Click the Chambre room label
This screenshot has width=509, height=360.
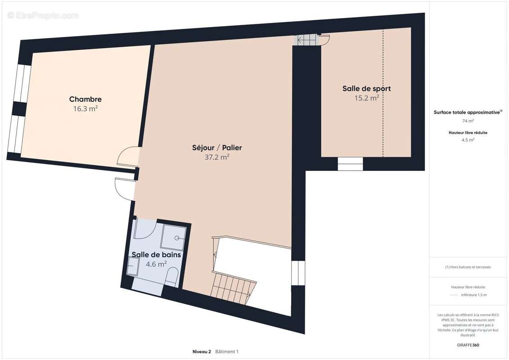pyautogui.click(x=86, y=99)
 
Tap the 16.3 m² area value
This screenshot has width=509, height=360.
pyautogui.click(x=86, y=108)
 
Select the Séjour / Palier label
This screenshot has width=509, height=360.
pyautogui.click(x=217, y=148)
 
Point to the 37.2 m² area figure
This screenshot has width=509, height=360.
pyautogui.click(x=217, y=157)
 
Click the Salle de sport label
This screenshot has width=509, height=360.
pyautogui.click(x=366, y=89)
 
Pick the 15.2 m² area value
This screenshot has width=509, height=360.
pyautogui.click(x=366, y=98)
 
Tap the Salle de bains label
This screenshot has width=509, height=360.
pyautogui.click(x=156, y=255)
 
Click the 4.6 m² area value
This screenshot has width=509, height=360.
pyautogui.click(x=156, y=264)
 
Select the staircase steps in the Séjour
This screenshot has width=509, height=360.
pyautogui.click(x=233, y=288)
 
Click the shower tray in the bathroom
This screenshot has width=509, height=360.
pyautogui.click(x=174, y=238)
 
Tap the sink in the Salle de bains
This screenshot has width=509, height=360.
pyautogui.click(x=133, y=266)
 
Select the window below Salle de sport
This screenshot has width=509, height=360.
pyautogui.click(x=350, y=164)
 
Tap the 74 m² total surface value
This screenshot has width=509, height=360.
pyautogui.click(x=468, y=121)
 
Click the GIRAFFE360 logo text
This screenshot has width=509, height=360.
pyautogui.click(x=468, y=345)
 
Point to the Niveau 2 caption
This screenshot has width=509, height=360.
pyautogui.click(x=202, y=351)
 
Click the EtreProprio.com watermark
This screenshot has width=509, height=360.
pyautogui.click(x=43, y=15)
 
